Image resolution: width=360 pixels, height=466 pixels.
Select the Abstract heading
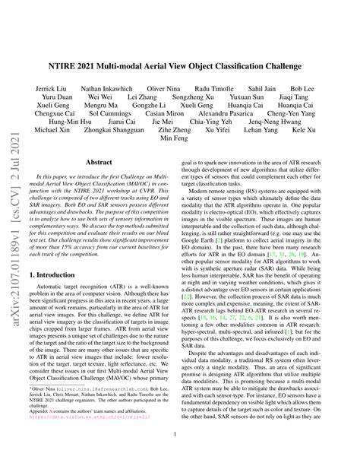click(x=104, y=183)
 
